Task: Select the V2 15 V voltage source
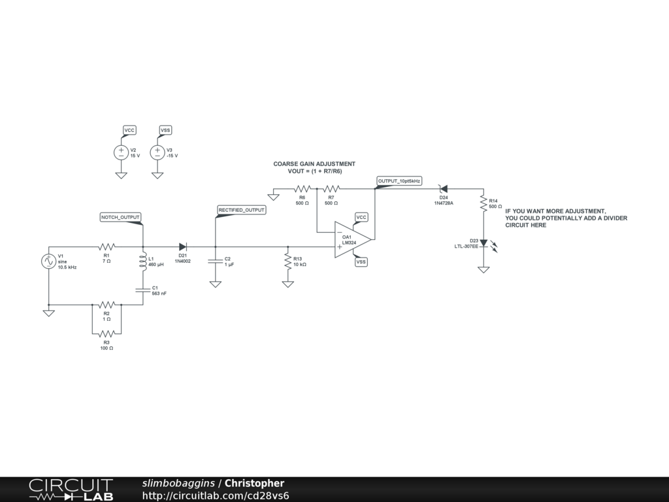(121, 152)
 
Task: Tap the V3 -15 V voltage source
(157, 152)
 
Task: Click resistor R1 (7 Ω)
(106, 247)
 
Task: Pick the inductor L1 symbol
(142, 261)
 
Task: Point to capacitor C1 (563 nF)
(142, 291)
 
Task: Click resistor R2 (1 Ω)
(106, 305)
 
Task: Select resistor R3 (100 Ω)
(106, 333)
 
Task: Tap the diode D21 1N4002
(184, 247)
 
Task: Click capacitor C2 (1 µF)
(215, 261)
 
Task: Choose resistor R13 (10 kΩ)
(287, 261)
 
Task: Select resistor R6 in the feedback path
(302, 189)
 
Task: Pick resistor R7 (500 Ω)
(331, 189)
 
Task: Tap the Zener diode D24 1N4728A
(443, 189)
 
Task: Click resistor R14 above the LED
(483, 203)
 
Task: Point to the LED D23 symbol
(483, 244)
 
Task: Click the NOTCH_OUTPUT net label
(120, 216)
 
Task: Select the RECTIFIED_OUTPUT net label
(242, 210)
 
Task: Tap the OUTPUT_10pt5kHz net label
(399, 180)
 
